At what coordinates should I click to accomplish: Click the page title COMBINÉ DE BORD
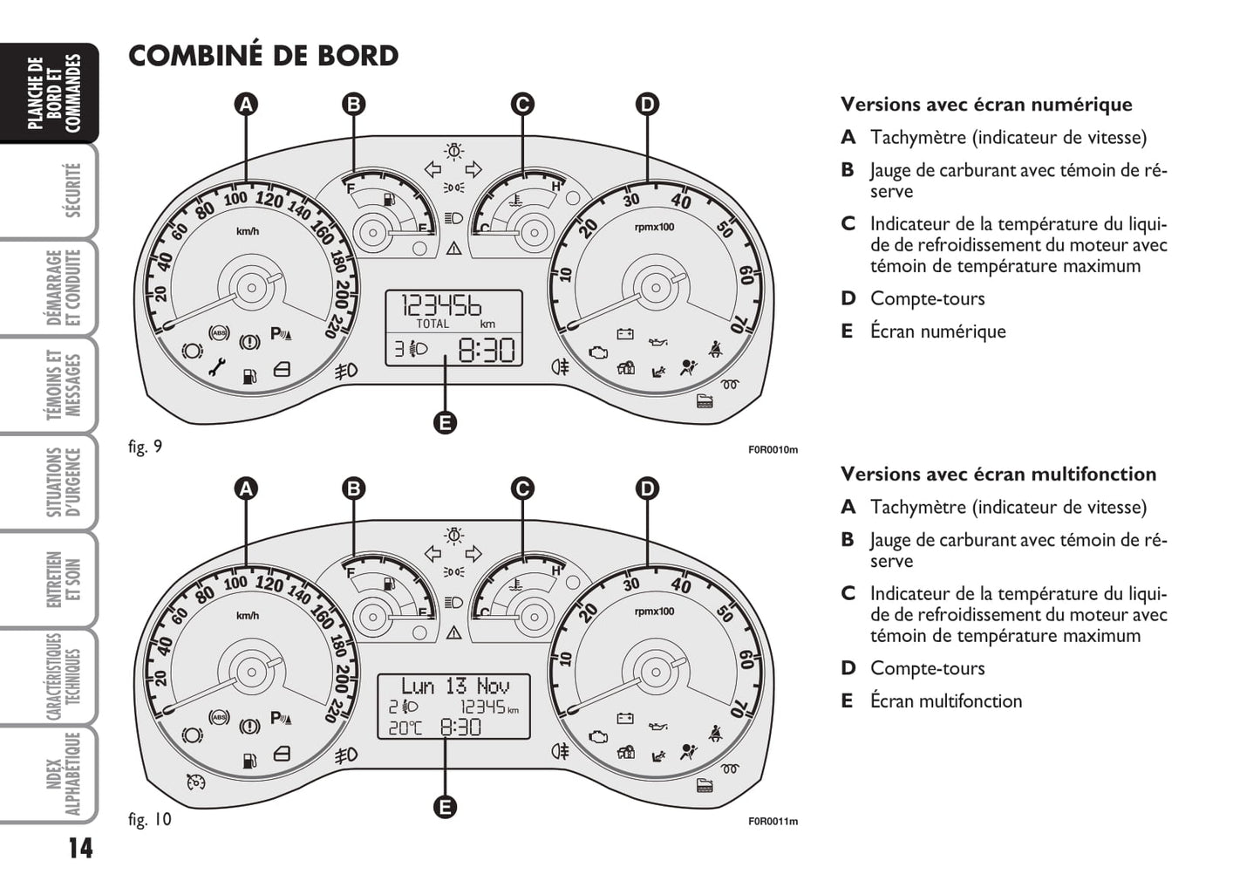263,56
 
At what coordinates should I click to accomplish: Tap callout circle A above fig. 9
247,105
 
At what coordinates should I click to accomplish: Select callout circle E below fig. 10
445,807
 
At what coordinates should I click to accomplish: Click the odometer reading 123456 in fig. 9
441,306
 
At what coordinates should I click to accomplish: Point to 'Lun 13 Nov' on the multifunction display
454,687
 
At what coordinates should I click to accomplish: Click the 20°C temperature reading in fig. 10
405,728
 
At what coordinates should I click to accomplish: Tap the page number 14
79,848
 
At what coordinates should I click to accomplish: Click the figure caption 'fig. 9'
145,447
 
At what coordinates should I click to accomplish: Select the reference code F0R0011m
773,821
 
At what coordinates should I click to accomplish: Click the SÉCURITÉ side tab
72,191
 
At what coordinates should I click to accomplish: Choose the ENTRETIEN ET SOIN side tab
64,579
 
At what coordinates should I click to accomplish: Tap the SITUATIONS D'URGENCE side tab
64,482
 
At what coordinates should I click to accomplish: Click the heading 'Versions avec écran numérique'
986,105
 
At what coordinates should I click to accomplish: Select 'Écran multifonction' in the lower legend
945,700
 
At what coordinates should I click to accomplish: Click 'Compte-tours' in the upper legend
927,298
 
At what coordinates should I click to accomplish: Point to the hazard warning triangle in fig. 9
453,249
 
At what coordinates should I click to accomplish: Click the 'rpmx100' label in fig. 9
654,228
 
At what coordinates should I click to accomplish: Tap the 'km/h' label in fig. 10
248,616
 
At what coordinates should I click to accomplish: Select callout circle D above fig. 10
646,488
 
